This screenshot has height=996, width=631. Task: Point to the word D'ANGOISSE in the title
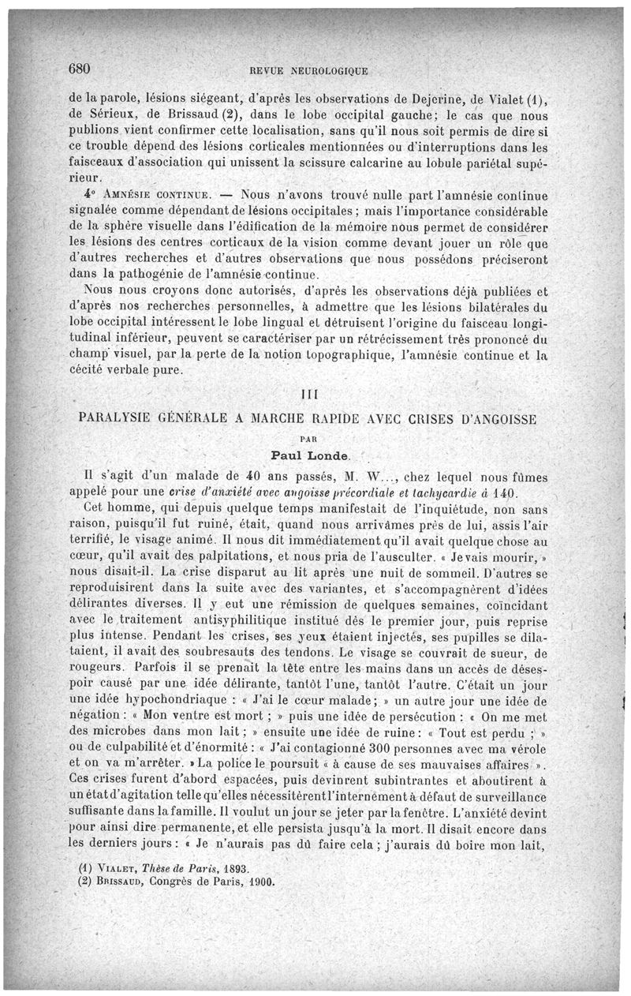pyautogui.click(x=505, y=417)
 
